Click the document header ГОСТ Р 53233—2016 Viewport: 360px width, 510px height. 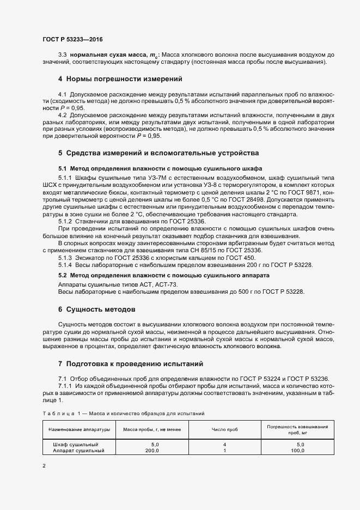pyautogui.click(x=72, y=39)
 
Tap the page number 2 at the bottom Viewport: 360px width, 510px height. pyautogui.click(x=44, y=466)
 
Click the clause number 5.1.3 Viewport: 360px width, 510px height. pyautogui.click(x=65, y=257)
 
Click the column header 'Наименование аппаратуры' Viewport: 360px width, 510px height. pyautogui.click(x=79, y=429)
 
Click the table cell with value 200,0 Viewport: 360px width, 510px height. pyautogui.click(x=151, y=451)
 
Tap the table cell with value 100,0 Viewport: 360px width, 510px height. pyautogui.click(x=297, y=451)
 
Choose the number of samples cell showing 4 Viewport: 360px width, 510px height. pyautogui.click(x=224, y=445)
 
